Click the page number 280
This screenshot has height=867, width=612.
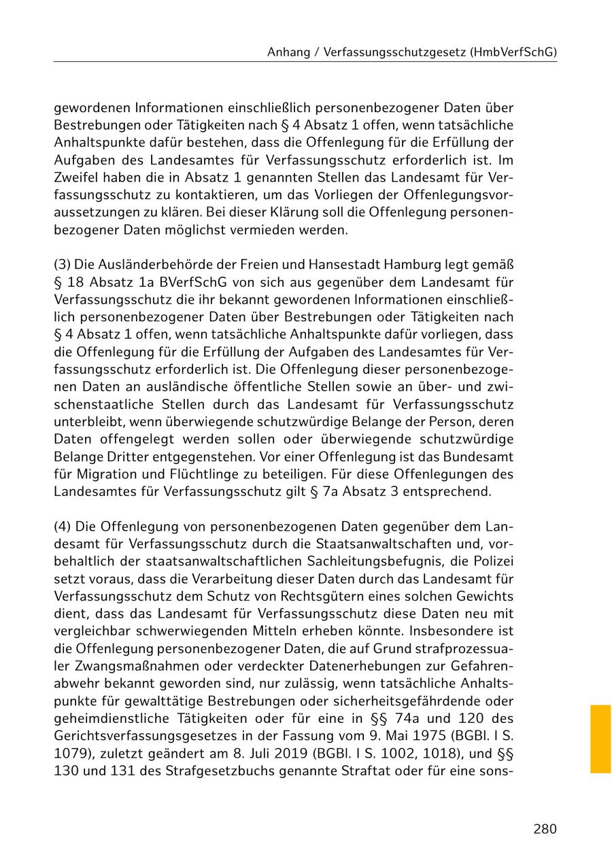pyautogui.click(x=545, y=829)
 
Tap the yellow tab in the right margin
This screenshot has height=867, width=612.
pyautogui.click(x=600, y=739)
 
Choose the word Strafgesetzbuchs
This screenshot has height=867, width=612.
pyautogui.click(x=181, y=772)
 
